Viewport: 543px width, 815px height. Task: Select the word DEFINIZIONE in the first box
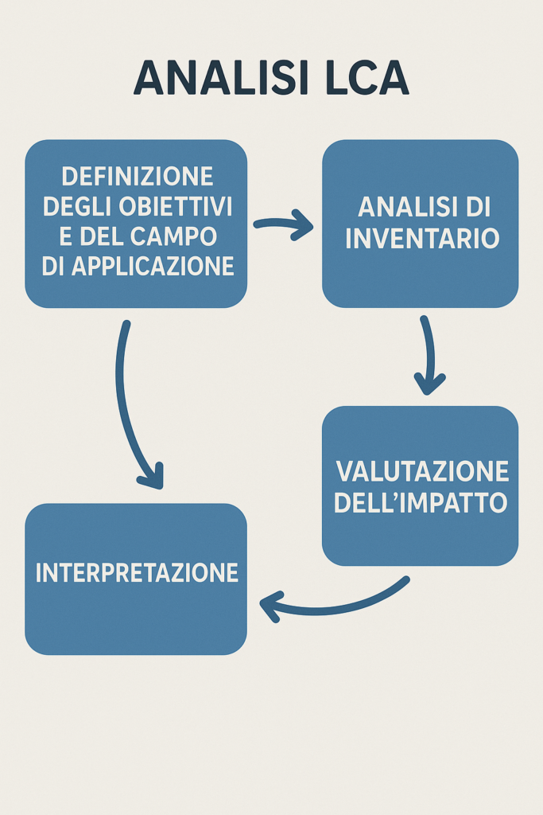(x=137, y=176)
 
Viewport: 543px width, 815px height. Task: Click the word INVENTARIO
(x=422, y=238)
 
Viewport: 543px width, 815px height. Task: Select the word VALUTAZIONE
(x=421, y=471)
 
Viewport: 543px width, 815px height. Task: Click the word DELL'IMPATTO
(x=421, y=503)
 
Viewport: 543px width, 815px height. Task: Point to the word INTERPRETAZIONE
(x=137, y=572)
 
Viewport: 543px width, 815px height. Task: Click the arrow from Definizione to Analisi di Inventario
(x=284, y=224)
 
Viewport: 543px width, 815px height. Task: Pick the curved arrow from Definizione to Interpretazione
(x=130, y=406)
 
